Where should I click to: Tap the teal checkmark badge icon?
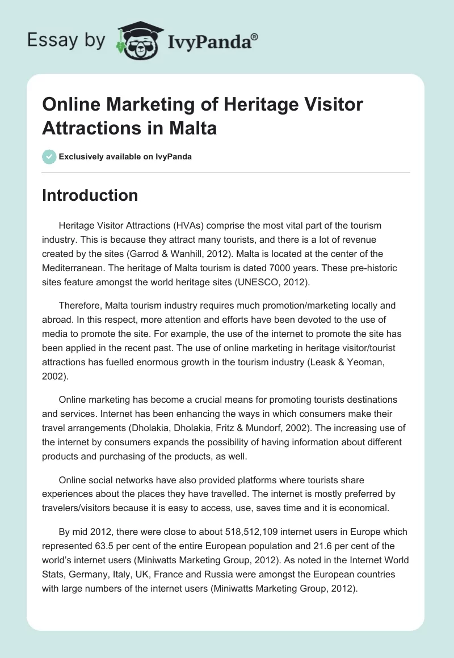[49, 157]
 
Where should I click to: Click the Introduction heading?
[90, 195]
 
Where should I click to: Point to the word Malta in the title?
[192, 128]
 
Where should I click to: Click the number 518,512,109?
[209, 532]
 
